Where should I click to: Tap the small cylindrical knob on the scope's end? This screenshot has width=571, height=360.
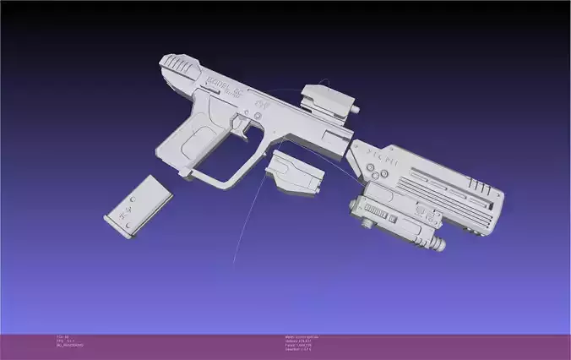pyautogui.click(x=361, y=108)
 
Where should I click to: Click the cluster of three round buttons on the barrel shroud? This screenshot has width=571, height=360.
pyautogui.click(x=378, y=172)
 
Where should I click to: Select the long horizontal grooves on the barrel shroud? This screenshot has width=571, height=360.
pyautogui.click(x=448, y=188)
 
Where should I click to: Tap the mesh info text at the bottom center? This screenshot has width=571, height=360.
pyautogui.click(x=300, y=341)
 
